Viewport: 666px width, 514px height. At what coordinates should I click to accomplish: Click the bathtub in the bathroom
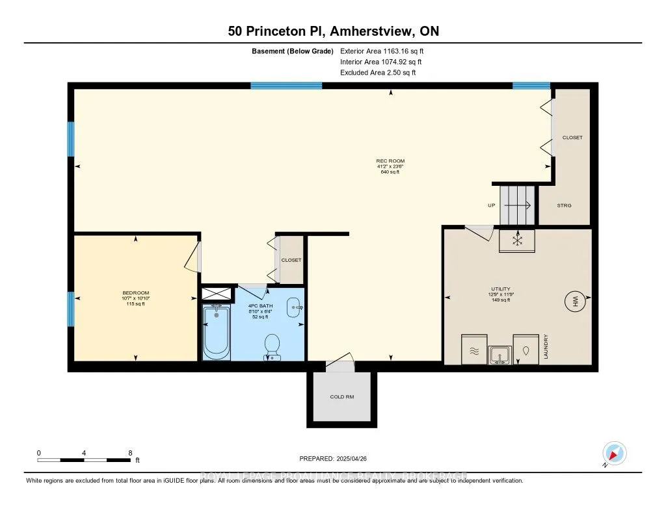pos(217,332)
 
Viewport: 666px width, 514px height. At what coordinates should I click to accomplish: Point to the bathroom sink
pos(295,308)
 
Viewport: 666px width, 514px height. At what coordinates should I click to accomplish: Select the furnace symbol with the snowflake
pos(517,240)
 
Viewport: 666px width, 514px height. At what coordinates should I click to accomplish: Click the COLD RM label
pos(341,397)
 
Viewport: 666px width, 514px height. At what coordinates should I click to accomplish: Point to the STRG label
pos(565,205)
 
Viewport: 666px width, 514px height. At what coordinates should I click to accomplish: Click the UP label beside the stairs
pos(492,205)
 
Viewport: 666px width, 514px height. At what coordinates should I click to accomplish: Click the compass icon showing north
pos(615,453)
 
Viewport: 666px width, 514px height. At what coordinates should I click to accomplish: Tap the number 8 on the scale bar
pos(130,452)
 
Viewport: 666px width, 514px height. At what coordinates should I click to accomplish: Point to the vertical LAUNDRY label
pos(547,347)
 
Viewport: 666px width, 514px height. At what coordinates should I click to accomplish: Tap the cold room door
pos(340,364)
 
